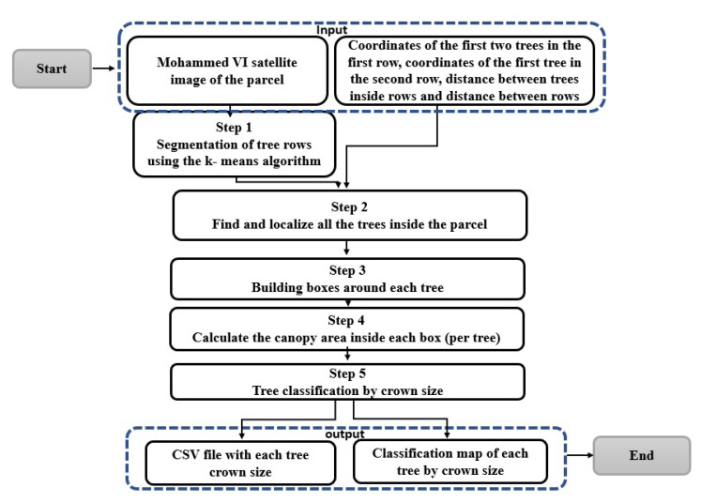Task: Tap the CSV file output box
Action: coord(240,461)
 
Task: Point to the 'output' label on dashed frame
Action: coord(347,434)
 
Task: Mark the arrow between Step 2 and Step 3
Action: coord(346,249)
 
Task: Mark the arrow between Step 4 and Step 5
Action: coord(346,355)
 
